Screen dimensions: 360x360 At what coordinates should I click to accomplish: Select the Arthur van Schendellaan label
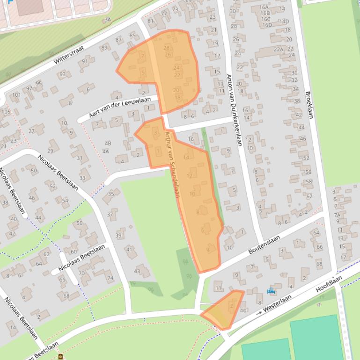coord(172,164)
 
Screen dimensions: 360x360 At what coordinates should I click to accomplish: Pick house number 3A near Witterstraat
coord(108,20)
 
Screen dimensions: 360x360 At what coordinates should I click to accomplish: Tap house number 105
coord(6,112)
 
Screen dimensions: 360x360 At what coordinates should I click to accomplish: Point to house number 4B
coord(108,144)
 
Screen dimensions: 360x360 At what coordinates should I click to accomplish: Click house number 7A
coord(337,215)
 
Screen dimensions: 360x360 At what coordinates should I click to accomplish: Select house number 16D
coord(267,25)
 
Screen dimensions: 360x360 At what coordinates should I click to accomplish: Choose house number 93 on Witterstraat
coord(61,74)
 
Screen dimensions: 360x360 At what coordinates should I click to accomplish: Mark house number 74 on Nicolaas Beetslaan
coord(110,278)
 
